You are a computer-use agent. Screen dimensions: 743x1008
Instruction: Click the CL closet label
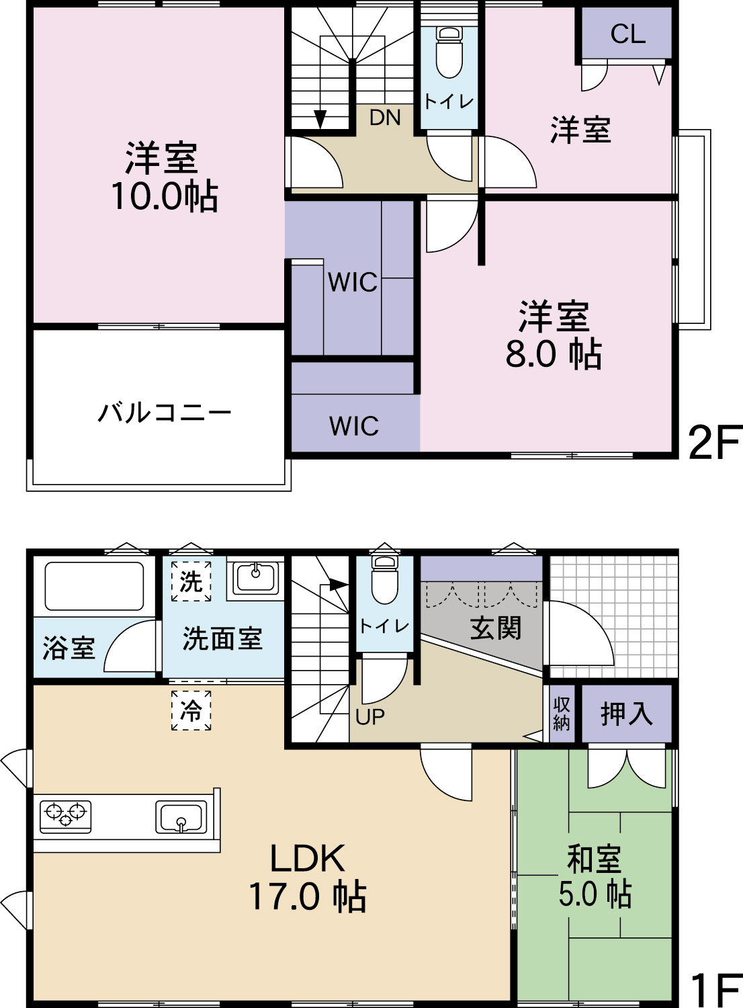pyautogui.click(x=627, y=34)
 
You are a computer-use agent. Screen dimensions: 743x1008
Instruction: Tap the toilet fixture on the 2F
pyautogui.click(x=449, y=52)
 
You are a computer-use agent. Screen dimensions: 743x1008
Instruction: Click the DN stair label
pyautogui.click(x=385, y=118)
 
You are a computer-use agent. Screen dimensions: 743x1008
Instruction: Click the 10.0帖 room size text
pyautogui.click(x=165, y=197)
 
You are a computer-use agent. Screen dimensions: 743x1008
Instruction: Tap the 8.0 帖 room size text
pyautogui.click(x=554, y=353)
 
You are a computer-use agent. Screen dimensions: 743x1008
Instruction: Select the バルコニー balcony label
pyautogui.click(x=165, y=413)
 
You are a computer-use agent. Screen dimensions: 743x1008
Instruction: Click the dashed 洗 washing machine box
pyautogui.click(x=191, y=581)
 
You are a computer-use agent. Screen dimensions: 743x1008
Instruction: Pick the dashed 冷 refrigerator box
pyautogui.click(x=191, y=710)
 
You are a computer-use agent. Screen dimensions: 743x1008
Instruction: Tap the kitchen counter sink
pyautogui.click(x=181, y=817)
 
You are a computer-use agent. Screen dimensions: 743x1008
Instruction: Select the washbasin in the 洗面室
pyautogui.click(x=255, y=578)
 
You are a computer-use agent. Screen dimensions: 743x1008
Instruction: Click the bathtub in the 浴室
pyautogui.click(x=95, y=586)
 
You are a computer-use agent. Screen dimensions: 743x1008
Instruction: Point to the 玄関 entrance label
pyautogui.click(x=496, y=628)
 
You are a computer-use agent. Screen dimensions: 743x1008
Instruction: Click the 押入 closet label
pyautogui.click(x=627, y=714)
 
